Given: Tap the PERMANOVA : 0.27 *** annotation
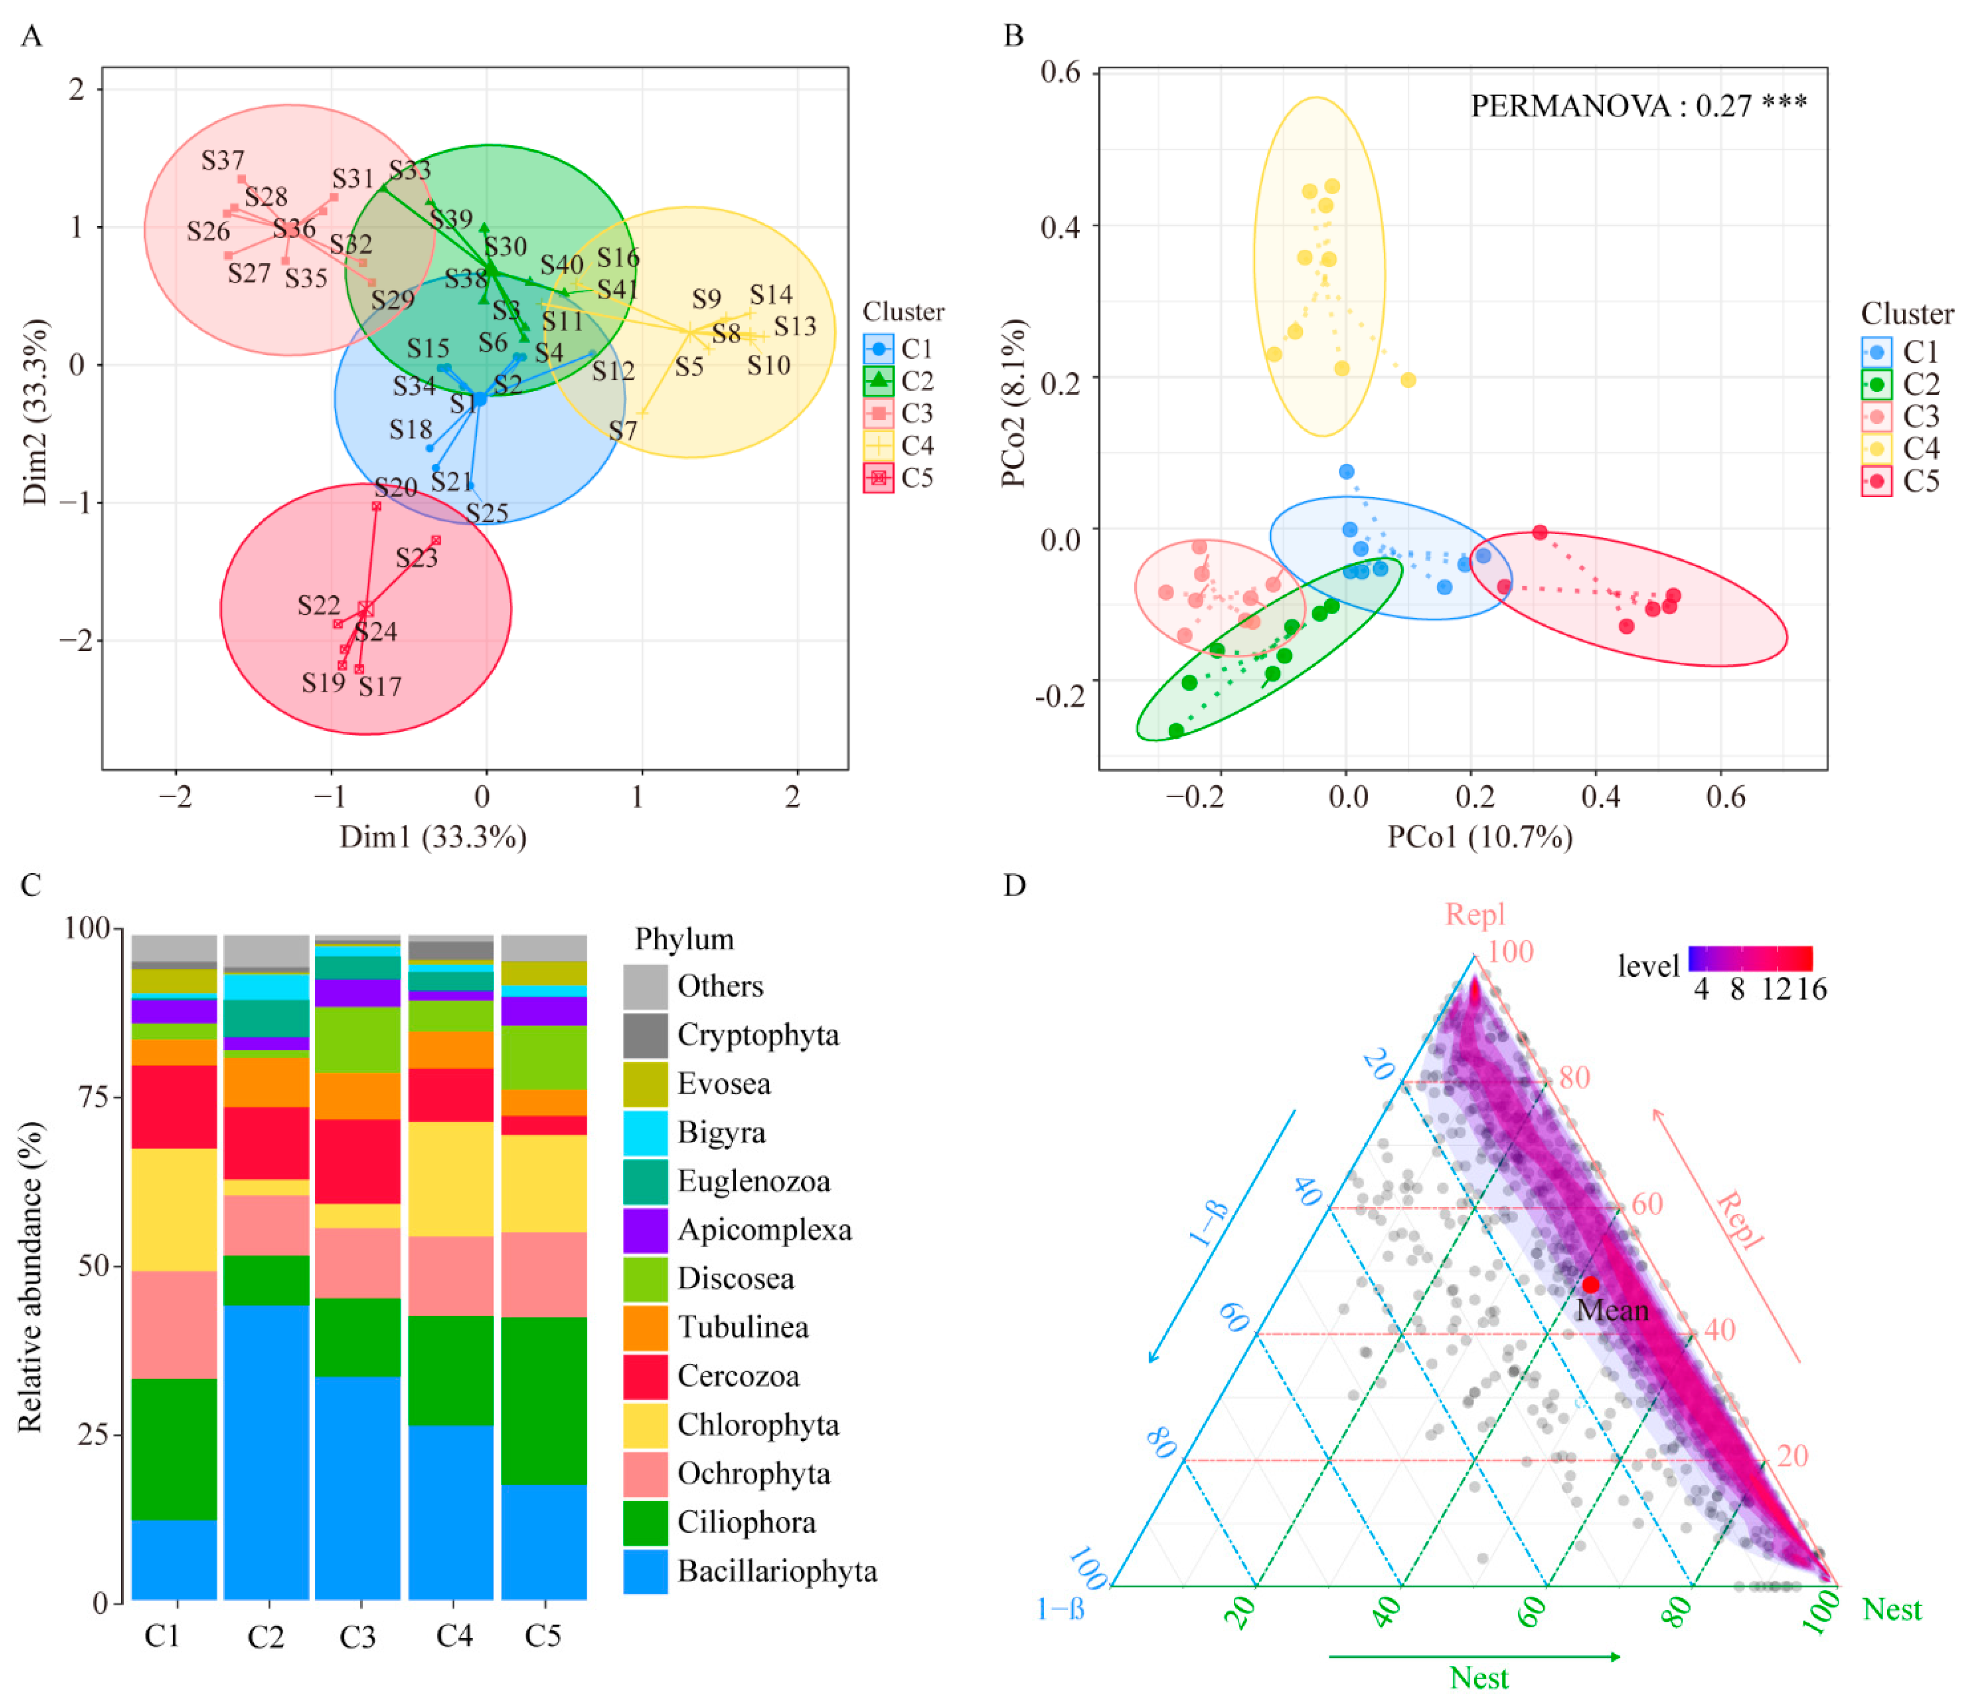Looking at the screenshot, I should tap(1637, 106).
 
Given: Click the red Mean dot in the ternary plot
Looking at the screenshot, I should tap(1591, 1285).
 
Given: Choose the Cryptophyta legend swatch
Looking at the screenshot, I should tap(645, 1035).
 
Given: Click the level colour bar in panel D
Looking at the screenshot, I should tap(1750, 958).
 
